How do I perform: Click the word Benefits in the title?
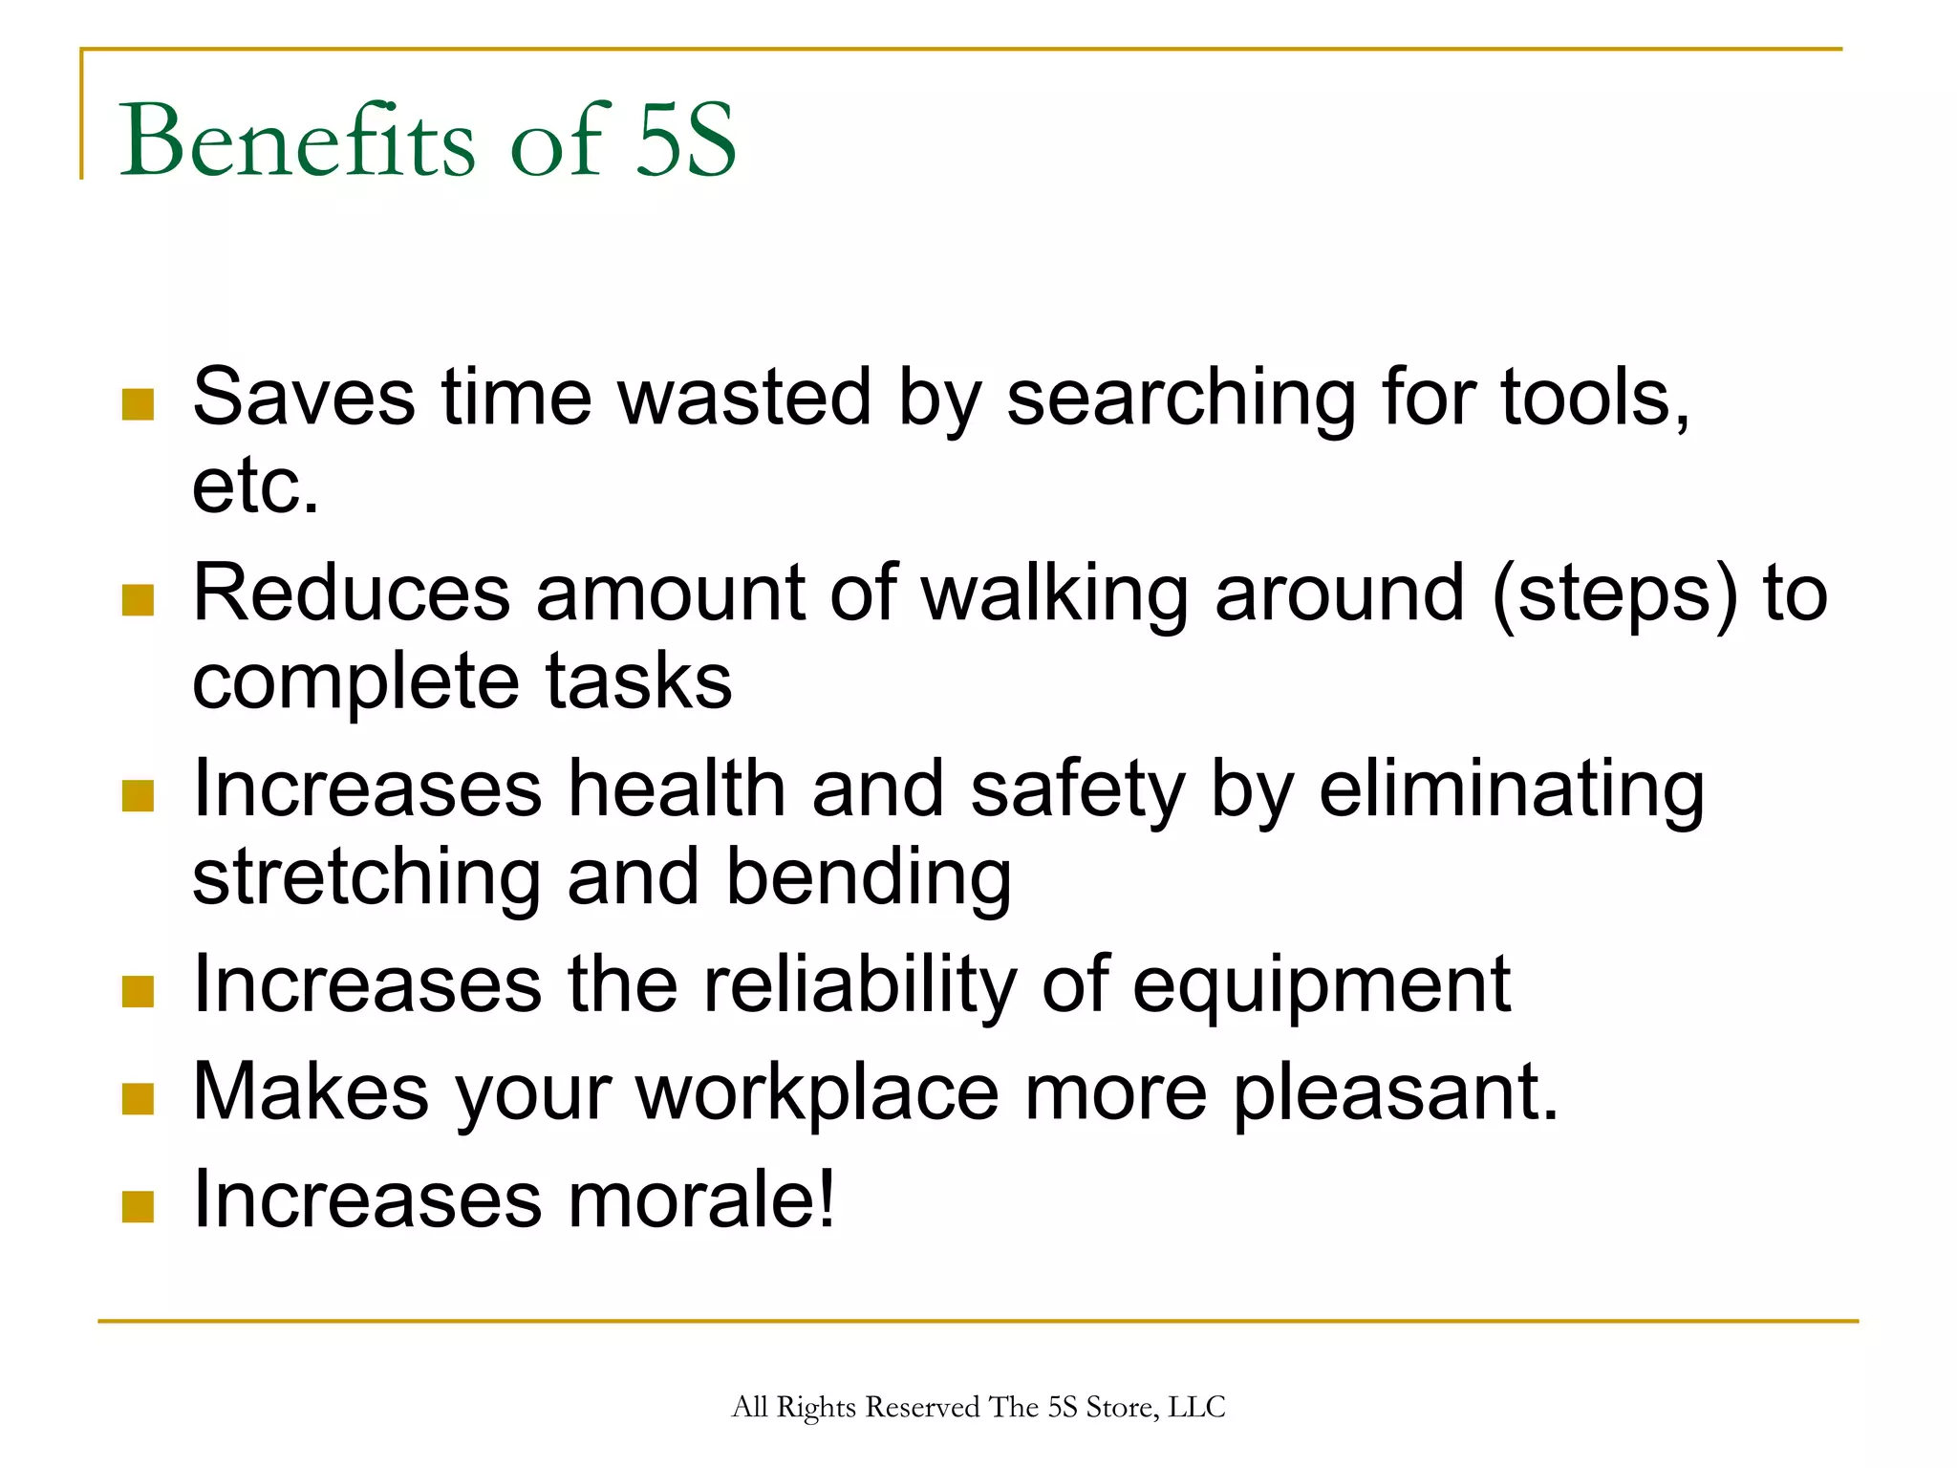coord(296,141)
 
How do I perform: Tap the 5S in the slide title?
coord(685,141)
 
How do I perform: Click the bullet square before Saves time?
coord(139,404)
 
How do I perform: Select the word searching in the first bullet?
coord(1181,399)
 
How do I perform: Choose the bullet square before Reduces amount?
coord(139,600)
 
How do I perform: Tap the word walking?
coord(1055,594)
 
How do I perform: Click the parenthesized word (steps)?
coord(1615,594)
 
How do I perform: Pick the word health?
coord(677,789)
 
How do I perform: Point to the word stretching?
coord(367,878)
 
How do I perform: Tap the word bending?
coord(868,878)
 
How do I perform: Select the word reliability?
coord(860,985)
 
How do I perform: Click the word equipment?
coord(1321,987)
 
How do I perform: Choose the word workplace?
coord(818,1093)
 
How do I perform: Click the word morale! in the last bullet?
coord(701,1199)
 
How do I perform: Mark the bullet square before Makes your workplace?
coord(139,1099)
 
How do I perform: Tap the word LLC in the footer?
coord(1196,1407)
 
